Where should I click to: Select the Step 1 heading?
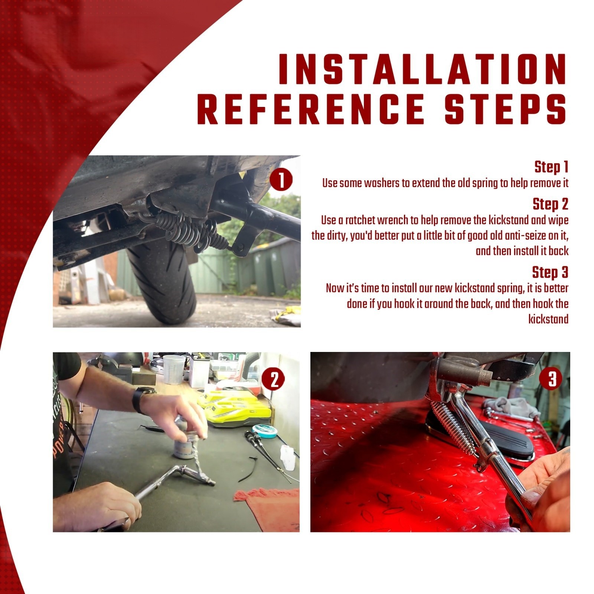tap(551, 167)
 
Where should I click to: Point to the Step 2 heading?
tap(551, 204)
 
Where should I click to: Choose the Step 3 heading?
tap(550, 272)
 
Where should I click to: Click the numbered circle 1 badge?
tap(281, 181)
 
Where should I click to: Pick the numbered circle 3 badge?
tap(552, 379)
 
